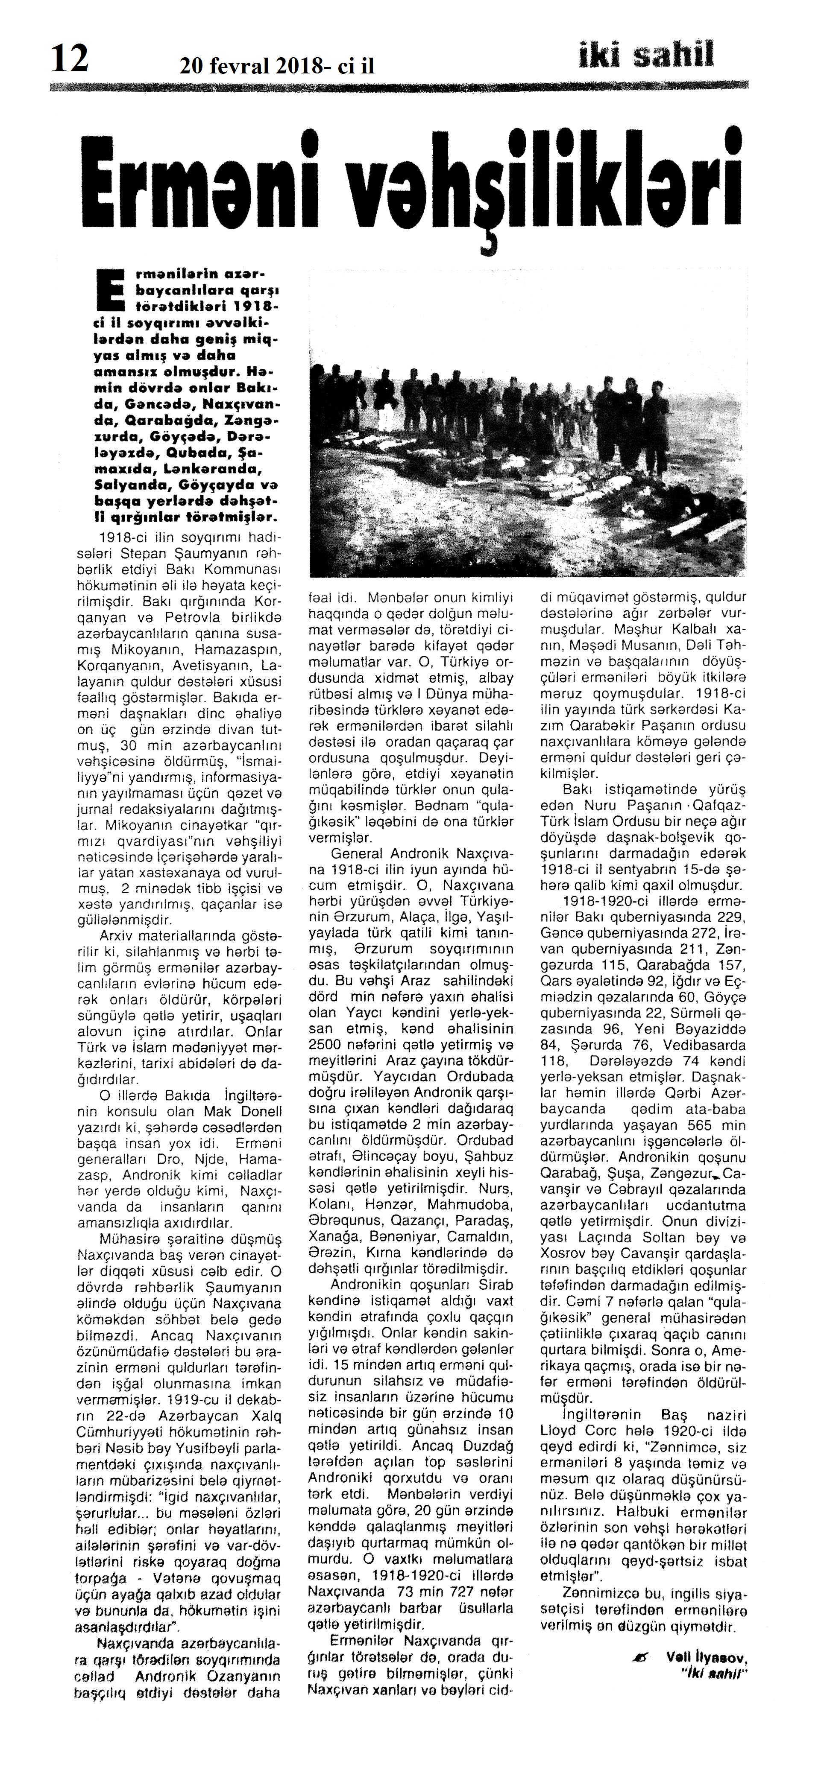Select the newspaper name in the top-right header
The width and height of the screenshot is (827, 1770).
tap(646, 55)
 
